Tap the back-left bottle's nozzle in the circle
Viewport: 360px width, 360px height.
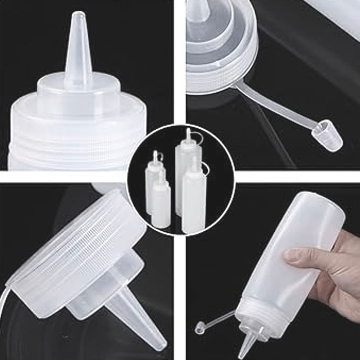point(155,156)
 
